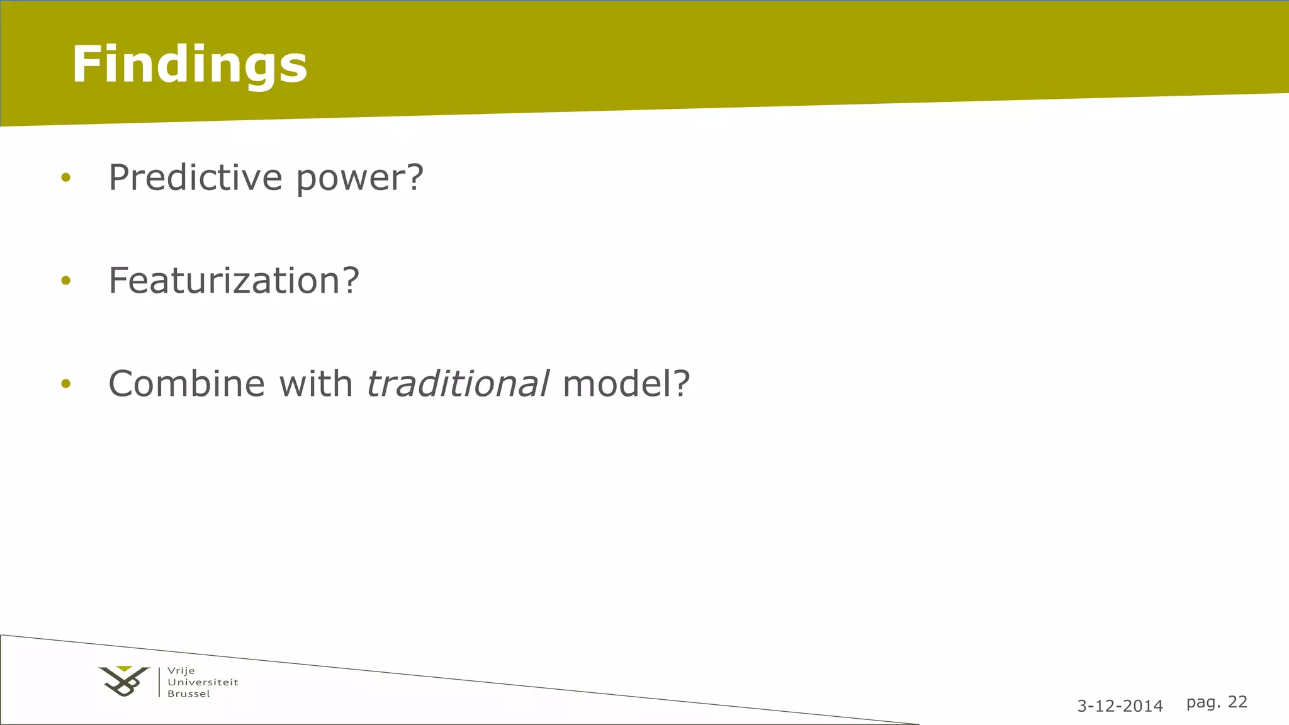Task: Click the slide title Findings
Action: [189, 64]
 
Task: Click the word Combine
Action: [186, 383]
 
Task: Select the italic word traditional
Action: [458, 383]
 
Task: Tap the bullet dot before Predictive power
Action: [66, 178]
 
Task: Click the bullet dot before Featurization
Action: [66, 281]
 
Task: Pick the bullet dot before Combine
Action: [66, 384]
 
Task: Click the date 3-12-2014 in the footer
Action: [1120, 706]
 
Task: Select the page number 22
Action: [1237, 702]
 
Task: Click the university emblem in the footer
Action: [124, 682]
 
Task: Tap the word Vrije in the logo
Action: [181, 671]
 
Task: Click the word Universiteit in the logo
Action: [203, 682]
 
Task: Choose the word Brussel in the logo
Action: [189, 694]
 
